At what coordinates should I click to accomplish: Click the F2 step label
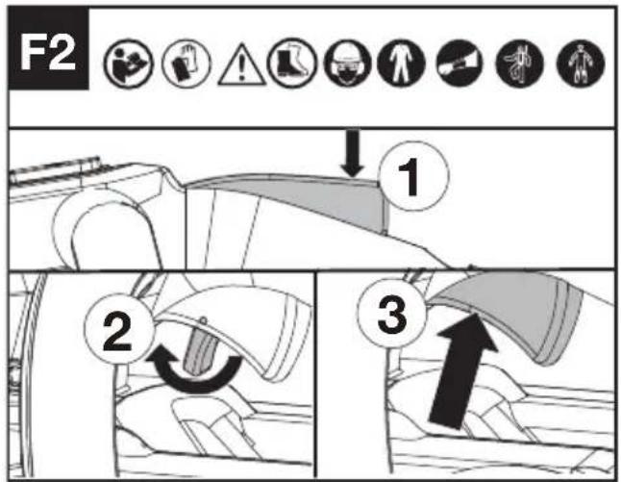coord(48,50)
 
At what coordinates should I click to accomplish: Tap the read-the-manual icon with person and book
coord(128,63)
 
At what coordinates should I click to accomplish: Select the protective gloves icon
coord(186,63)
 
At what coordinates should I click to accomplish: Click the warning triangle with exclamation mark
coord(242,65)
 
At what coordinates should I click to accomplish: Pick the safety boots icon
coord(292,63)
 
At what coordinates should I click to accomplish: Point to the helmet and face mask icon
coord(347,63)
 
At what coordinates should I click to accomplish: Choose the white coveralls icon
coord(401,63)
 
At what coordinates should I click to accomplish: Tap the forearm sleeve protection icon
coord(460,63)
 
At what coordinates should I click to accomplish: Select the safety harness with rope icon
coord(519,63)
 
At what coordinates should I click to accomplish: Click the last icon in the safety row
coord(581,63)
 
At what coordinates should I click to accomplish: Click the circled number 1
coord(414,176)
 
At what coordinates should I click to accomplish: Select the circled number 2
coord(119,329)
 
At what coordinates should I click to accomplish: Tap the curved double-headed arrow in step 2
coord(194,381)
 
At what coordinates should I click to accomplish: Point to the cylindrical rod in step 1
coord(55,169)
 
